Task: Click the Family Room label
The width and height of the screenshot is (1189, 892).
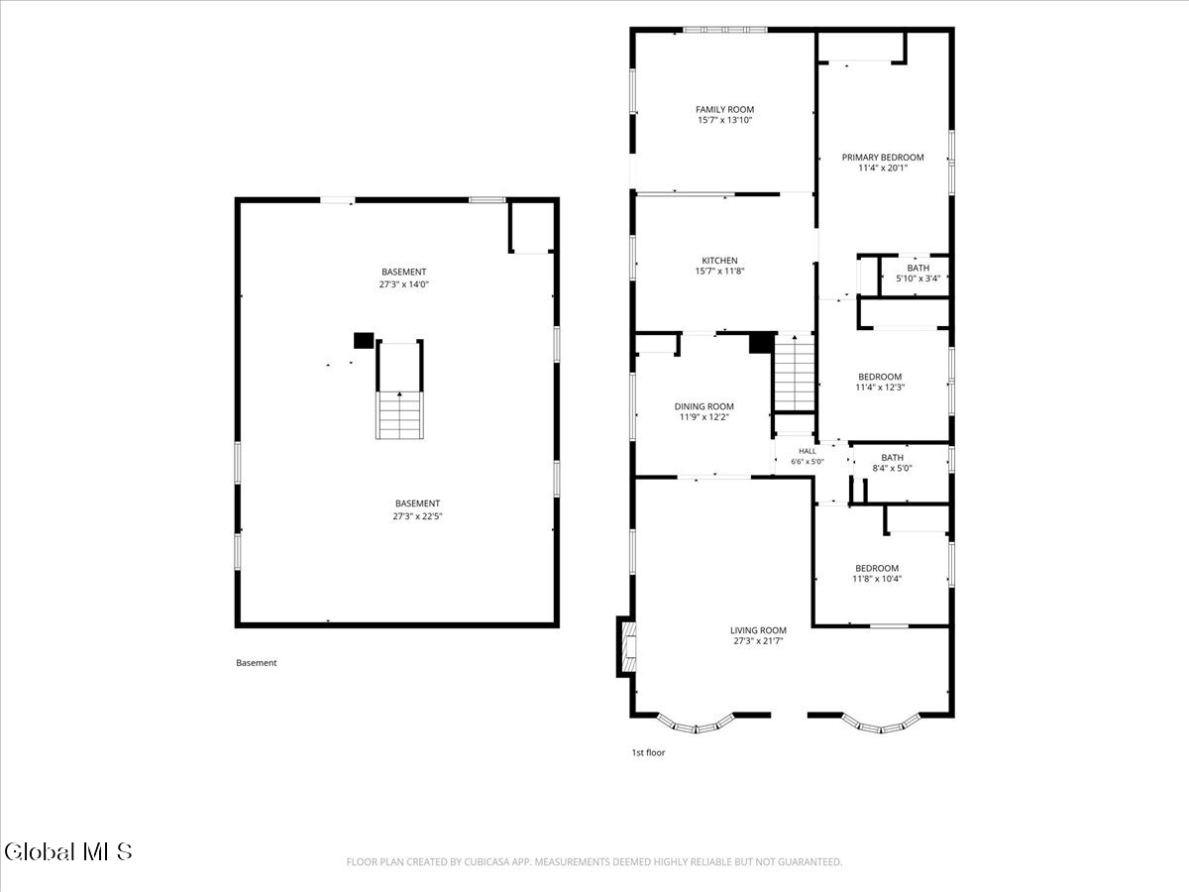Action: click(724, 109)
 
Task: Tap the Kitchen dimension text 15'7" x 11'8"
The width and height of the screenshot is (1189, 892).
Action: click(720, 272)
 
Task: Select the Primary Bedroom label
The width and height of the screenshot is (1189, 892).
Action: click(883, 157)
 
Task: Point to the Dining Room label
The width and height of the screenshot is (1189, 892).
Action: click(704, 406)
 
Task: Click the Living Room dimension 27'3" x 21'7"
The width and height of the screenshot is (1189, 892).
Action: click(758, 641)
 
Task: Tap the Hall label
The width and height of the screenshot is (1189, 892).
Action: click(808, 451)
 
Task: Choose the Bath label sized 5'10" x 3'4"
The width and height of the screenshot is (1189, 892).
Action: click(919, 268)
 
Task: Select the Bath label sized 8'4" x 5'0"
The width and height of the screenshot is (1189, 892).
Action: click(892, 458)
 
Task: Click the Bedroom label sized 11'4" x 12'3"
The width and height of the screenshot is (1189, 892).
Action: click(880, 377)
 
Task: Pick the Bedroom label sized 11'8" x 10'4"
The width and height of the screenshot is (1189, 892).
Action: click(877, 568)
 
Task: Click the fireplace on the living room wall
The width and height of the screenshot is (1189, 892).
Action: click(626, 646)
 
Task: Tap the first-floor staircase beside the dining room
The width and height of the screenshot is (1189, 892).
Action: click(795, 374)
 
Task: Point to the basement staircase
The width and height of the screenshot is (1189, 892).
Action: click(399, 415)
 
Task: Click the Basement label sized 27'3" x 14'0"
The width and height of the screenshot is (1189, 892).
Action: click(403, 272)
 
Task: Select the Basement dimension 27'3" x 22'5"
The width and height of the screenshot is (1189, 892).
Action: click(418, 516)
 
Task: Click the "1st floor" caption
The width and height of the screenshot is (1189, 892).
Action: click(648, 752)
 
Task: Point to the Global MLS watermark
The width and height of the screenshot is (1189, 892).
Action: click(67, 852)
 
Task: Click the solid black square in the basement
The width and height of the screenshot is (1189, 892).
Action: click(364, 341)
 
